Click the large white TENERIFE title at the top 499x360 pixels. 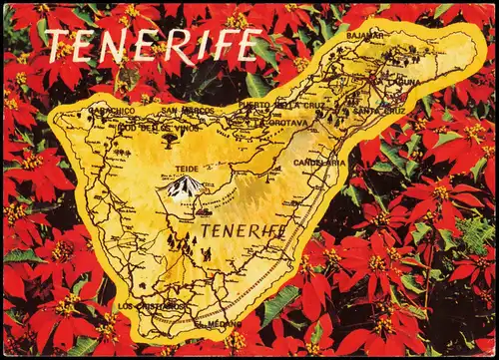click(154, 45)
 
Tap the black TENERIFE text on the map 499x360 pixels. click(243, 231)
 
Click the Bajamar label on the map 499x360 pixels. click(364, 36)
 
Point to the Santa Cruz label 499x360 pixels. click(379, 111)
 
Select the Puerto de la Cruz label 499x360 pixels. click(282, 104)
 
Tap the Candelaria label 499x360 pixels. click(319, 162)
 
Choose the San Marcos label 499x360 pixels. click(187, 110)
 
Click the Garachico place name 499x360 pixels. click(112, 111)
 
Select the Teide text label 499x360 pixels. click(186, 169)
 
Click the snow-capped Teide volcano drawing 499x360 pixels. click(185, 187)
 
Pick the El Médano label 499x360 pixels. click(218, 324)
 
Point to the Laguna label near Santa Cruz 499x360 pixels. click(405, 81)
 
